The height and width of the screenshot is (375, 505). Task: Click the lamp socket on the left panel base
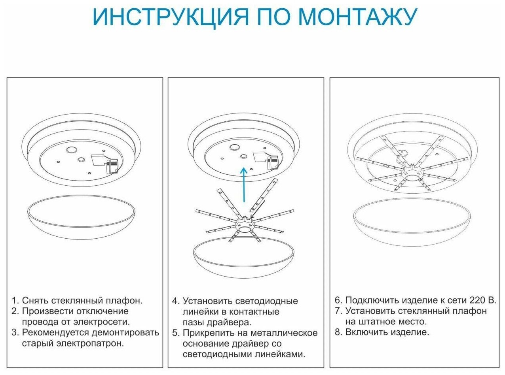(112, 166)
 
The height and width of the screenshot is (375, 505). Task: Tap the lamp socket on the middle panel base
(272, 163)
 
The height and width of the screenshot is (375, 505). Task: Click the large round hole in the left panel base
(72, 150)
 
